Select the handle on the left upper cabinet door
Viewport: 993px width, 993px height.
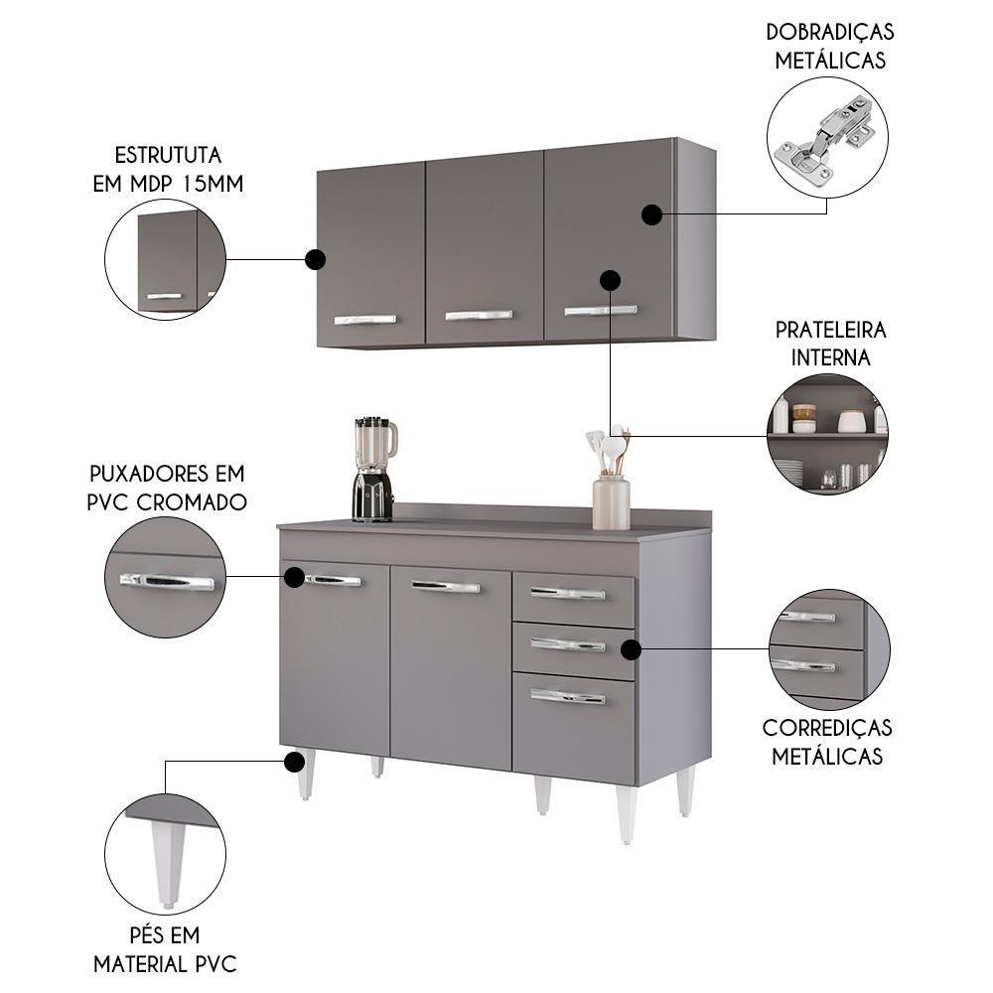364,320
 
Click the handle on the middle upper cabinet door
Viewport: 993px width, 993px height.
479,316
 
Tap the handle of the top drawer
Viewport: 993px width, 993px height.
567,594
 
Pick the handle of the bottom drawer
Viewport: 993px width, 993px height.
567,697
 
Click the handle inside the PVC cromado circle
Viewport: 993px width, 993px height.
167,582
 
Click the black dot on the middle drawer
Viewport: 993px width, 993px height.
630,649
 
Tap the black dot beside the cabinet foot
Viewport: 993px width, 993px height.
293,762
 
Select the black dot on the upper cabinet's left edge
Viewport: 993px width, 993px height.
315,260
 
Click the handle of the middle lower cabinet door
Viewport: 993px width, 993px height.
445,587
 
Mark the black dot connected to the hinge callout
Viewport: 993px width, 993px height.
651,214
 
